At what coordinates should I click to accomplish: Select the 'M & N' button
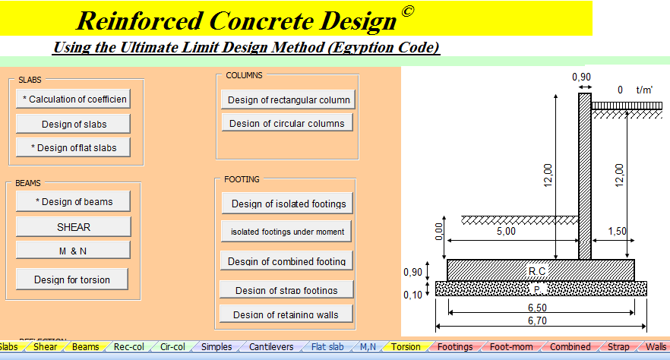[73, 250]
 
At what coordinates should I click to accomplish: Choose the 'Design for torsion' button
[72, 279]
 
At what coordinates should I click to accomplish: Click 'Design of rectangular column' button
[289, 99]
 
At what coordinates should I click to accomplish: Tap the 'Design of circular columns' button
[287, 123]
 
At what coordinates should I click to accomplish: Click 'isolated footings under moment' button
[288, 232]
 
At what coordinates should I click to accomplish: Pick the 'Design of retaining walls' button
[287, 314]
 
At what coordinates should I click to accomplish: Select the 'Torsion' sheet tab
[406, 347]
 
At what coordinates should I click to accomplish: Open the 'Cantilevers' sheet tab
[271, 347]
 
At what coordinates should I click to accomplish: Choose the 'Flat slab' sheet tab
[327, 347]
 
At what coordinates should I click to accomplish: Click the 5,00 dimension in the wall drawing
[506, 231]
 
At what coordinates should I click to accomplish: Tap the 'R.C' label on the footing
[537, 271]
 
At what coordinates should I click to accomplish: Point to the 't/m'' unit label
[644, 90]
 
